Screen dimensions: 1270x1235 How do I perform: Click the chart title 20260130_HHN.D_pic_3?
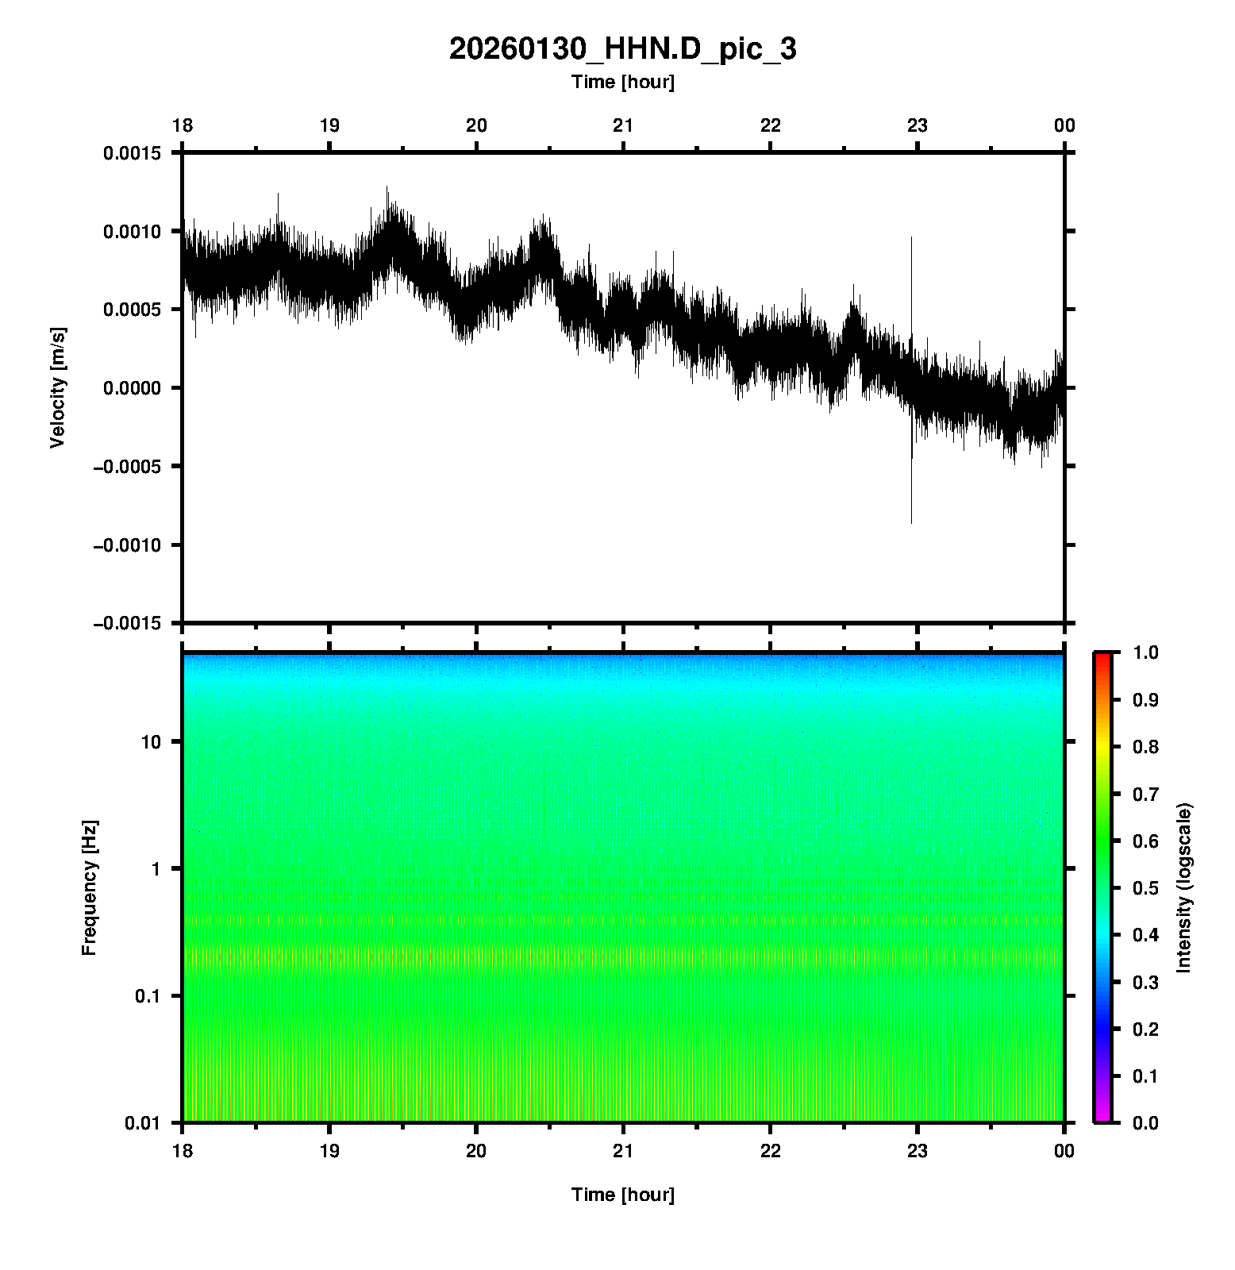click(622, 49)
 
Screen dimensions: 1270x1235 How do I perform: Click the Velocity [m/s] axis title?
click(57, 387)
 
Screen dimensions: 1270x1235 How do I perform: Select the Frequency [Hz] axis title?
click(89, 887)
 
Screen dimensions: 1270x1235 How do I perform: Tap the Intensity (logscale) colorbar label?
click(1184, 887)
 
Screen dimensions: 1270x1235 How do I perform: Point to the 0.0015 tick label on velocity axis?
click(132, 153)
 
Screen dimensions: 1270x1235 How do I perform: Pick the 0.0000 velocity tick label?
click(132, 388)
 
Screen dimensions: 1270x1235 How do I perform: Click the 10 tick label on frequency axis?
click(150, 742)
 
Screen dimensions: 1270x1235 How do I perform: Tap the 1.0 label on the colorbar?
click(1146, 652)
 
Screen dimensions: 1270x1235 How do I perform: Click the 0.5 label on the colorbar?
click(1146, 888)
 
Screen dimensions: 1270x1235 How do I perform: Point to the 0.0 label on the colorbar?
click(1146, 1123)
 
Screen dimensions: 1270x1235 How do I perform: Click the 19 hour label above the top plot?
click(329, 125)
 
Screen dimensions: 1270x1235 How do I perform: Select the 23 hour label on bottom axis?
click(918, 1151)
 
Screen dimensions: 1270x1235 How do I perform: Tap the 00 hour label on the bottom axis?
click(1064, 1151)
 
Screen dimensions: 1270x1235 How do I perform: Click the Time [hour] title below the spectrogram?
click(622, 1195)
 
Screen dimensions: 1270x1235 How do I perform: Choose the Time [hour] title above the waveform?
click(622, 82)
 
